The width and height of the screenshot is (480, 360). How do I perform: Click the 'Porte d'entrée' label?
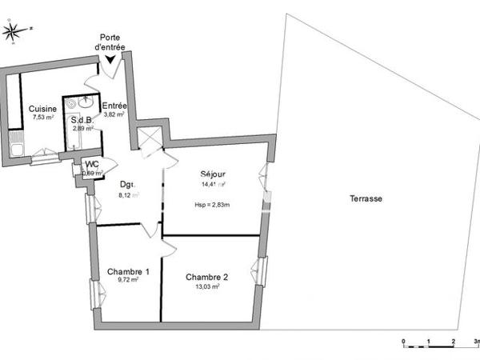pos(110,42)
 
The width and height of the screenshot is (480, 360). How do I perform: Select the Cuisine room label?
pos(42,109)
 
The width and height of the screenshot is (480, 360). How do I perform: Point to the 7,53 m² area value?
pos(42,118)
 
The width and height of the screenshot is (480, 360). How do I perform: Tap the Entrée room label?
pos(114,106)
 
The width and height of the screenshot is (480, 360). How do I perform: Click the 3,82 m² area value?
pos(114,114)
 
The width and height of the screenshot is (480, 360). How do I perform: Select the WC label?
pos(92,165)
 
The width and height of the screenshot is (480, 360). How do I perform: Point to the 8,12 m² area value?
pos(129,194)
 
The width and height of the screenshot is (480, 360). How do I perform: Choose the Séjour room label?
pos(213,174)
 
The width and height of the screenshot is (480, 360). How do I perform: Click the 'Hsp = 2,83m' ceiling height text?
pos(212,205)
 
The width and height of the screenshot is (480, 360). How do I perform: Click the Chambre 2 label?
pos(206,278)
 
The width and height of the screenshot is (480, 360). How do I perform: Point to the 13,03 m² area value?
pos(206,286)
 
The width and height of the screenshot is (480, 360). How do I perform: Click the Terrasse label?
pos(366,198)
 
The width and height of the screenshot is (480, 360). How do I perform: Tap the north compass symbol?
pos(14,30)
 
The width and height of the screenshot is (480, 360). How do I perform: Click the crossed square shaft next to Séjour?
pos(150,139)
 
